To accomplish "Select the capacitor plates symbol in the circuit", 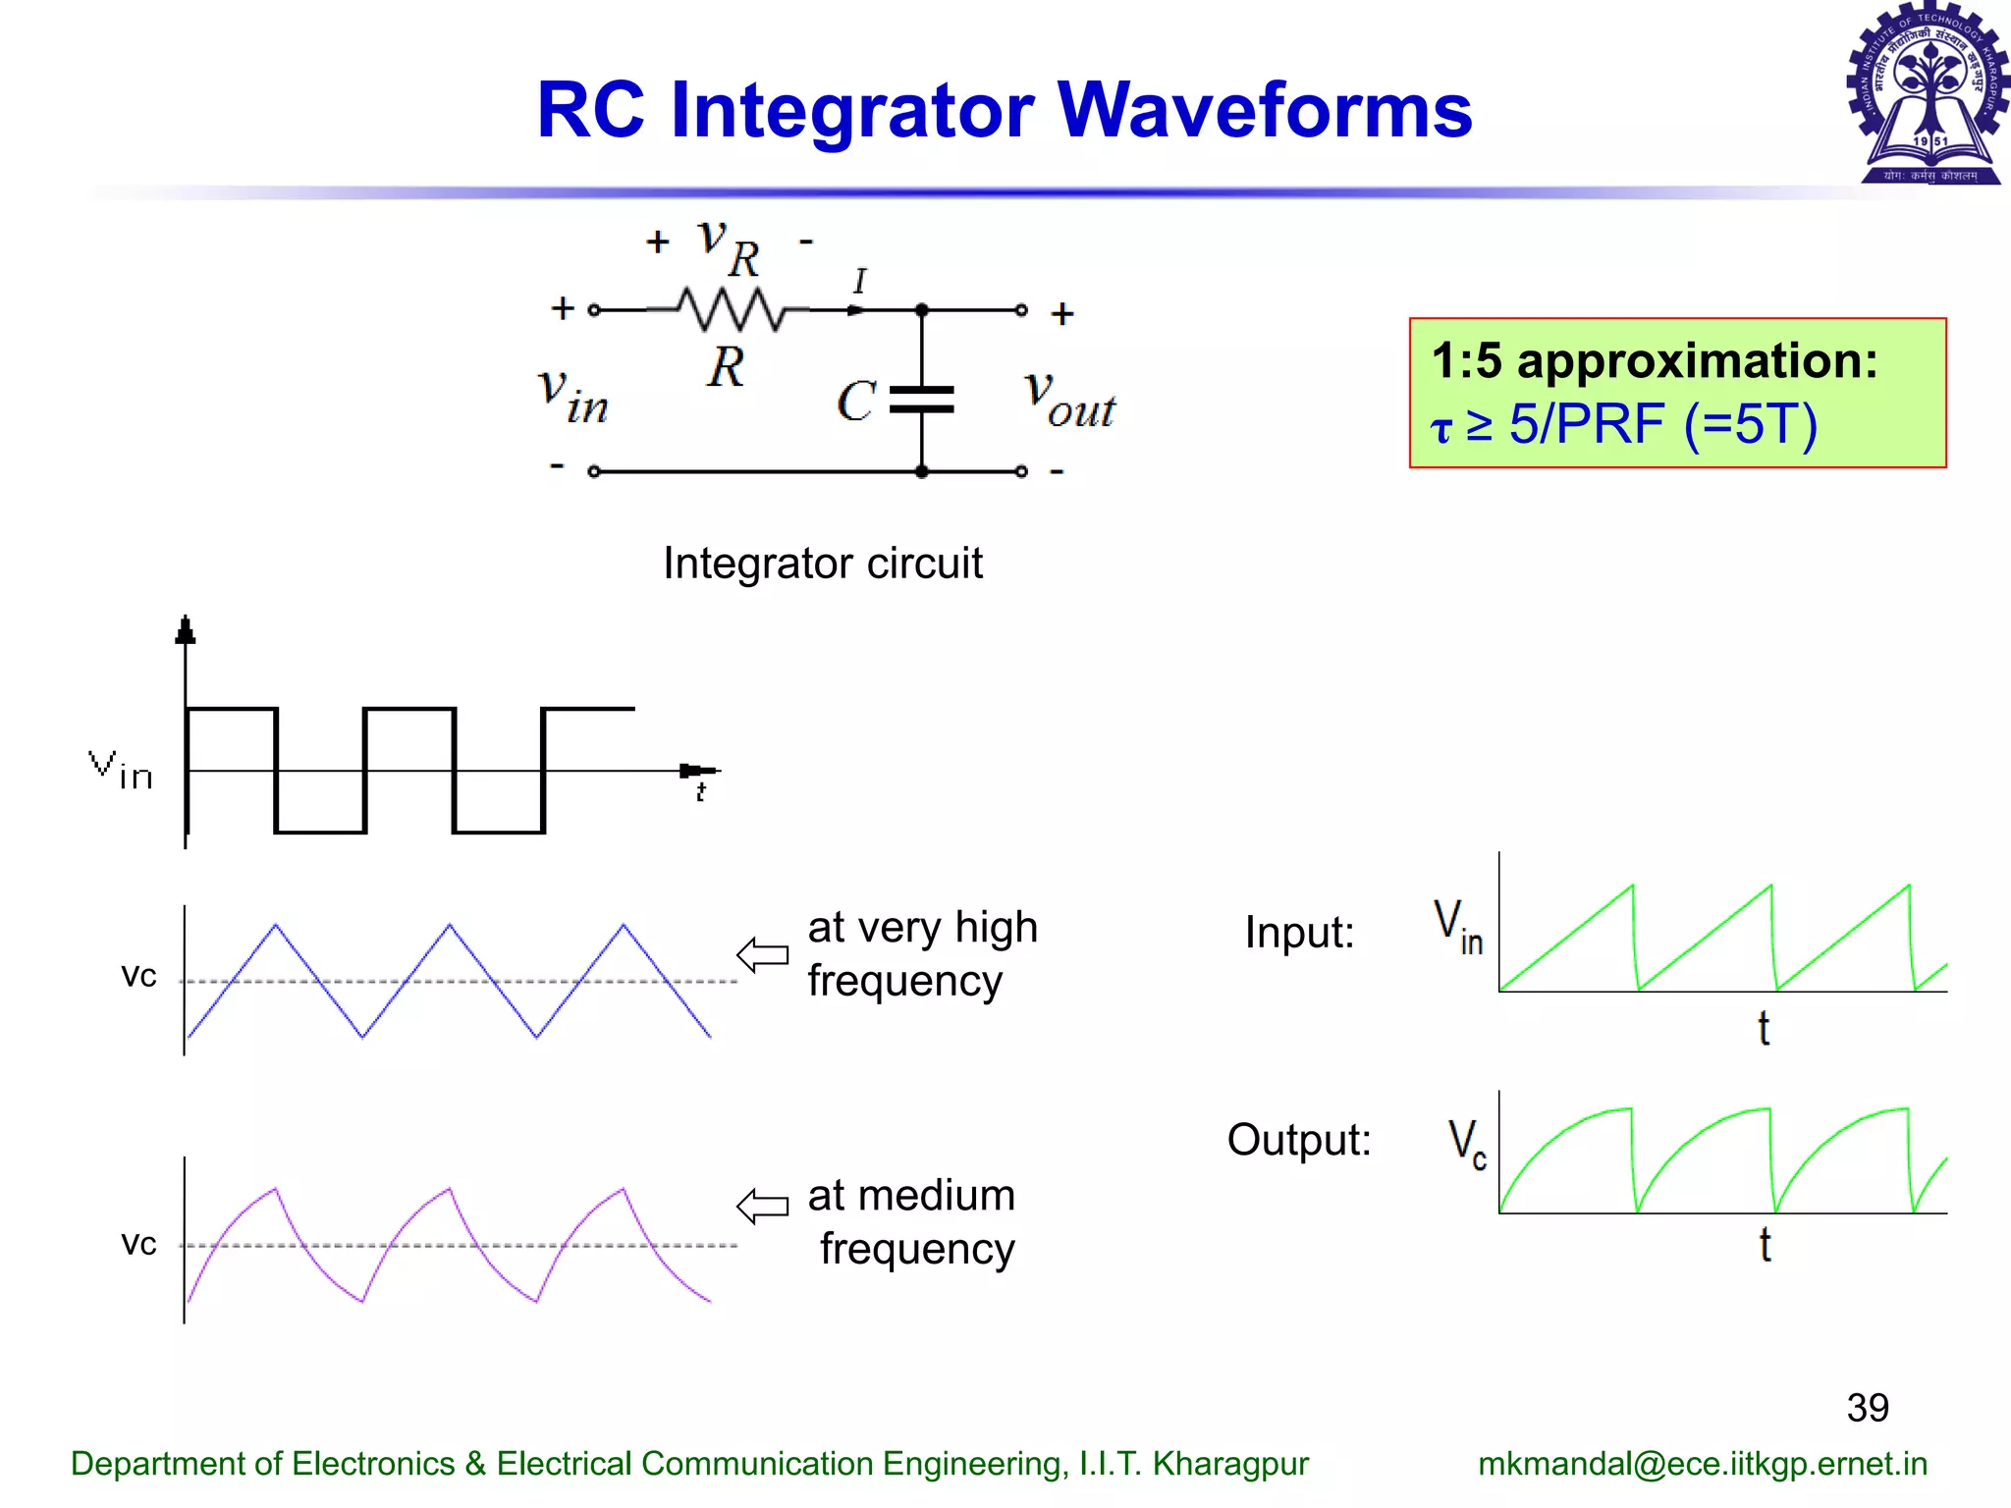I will point(921,400).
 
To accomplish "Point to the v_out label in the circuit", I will point(1069,401).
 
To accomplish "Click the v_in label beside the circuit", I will point(573,396).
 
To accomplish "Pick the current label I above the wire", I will point(859,282).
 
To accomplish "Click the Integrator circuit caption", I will point(822,564).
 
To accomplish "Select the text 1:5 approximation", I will point(1654,360).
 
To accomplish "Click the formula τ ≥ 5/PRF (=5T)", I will point(1624,424).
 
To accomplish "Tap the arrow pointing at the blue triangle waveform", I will point(763,954).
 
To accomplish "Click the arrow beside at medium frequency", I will point(763,1206).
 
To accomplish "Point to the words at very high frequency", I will point(921,953).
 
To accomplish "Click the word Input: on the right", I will point(1299,932).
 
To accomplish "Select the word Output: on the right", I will point(1298,1140).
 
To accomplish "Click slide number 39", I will point(1867,1408).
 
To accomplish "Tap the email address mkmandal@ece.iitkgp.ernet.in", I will point(1703,1464).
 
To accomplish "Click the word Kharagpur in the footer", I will point(1230,1464).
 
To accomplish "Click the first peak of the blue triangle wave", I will point(276,925).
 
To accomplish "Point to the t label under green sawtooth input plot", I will point(1764,1029).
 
